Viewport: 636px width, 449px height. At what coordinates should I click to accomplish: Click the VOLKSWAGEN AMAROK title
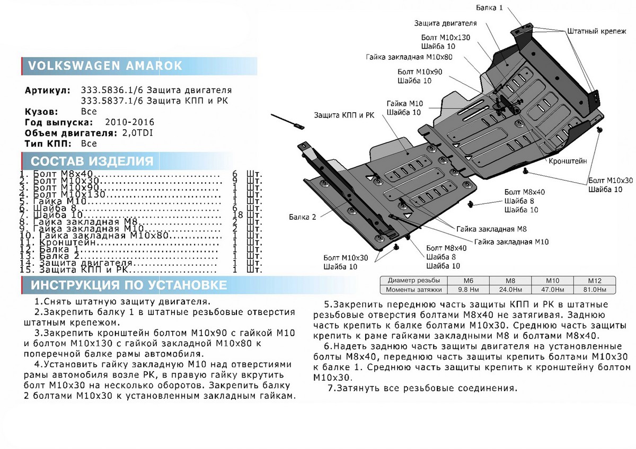click(x=104, y=66)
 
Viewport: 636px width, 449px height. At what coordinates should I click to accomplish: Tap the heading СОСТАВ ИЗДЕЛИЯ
click(x=92, y=161)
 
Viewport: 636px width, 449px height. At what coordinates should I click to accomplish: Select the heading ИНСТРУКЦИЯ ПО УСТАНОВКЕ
click(x=129, y=285)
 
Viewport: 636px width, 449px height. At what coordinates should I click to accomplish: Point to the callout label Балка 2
click(x=303, y=217)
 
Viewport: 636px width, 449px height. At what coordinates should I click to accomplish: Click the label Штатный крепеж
click(x=593, y=32)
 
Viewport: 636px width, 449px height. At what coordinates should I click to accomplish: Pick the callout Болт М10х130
click(x=446, y=38)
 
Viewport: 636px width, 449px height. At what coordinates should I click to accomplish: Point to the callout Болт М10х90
click(x=420, y=71)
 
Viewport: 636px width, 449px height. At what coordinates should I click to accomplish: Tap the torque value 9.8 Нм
click(x=468, y=290)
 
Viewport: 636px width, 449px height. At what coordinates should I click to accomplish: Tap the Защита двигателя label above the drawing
click(x=445, y=24)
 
